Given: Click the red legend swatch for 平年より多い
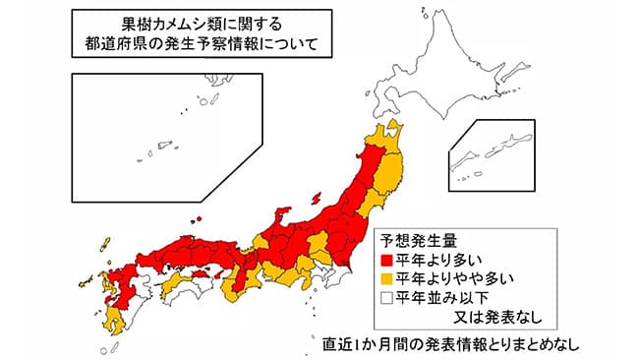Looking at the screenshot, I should coord(387,261).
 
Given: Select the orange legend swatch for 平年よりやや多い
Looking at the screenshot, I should coord(387,279).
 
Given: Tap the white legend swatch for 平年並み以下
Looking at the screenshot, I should coord(387,298).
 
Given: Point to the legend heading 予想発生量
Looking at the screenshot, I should coord(417,241).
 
